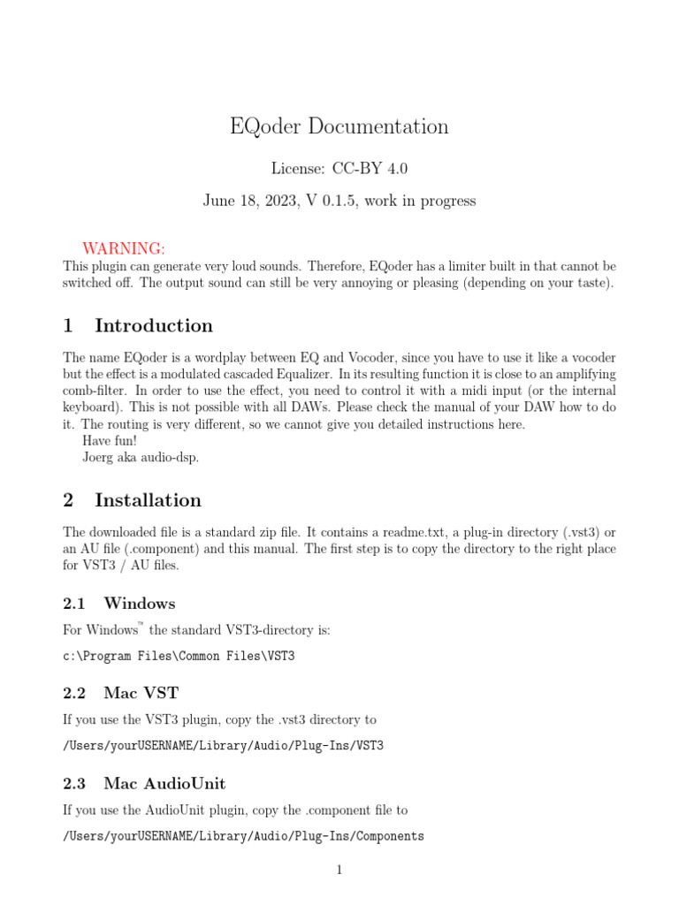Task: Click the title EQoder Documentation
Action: pos(339,126)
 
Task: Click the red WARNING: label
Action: pos(124,247)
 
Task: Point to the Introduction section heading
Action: pos(153,325)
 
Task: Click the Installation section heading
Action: pos(148,500)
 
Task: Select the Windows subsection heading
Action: pos(139,604)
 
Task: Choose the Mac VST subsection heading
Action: pos(141,692)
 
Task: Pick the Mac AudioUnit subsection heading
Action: pos(164,783)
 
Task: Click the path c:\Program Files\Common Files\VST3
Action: pos(179,657)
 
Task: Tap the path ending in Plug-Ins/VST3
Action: pos(224,746)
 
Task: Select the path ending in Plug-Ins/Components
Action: pos(243,836)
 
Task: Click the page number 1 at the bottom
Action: pos(339,871)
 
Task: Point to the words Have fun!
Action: pos(110,441)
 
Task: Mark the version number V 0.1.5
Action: pos(328,201)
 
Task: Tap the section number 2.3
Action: pos(74,783)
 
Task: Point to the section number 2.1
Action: pos(74,604)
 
